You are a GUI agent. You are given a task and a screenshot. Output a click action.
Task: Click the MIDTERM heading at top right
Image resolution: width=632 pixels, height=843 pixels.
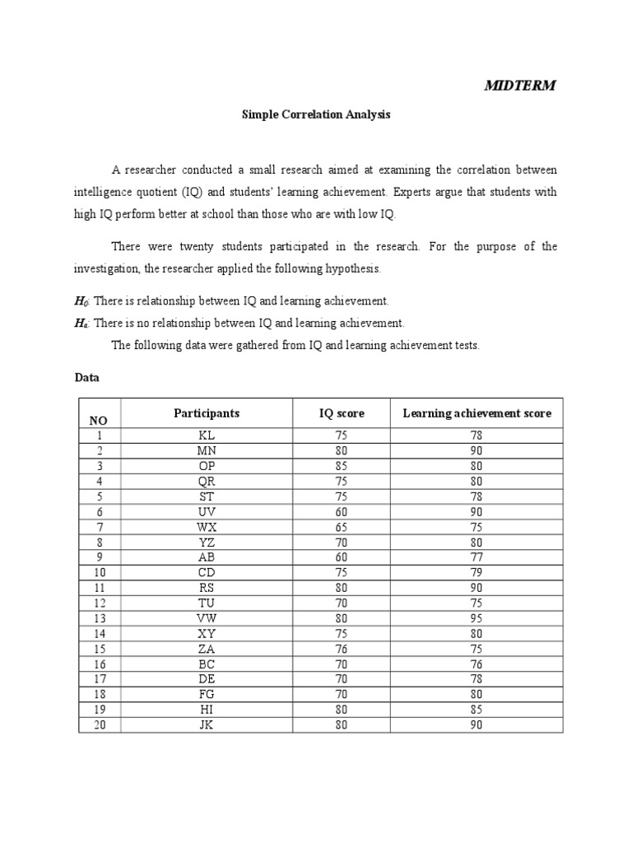point(519,85)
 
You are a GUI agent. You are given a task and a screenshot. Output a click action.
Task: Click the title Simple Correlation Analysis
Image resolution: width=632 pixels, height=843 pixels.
point(315,115)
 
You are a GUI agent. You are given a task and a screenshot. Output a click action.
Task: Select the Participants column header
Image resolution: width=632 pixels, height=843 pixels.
point(207,413)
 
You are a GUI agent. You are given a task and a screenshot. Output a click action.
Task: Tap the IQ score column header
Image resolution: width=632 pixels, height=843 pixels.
point(342,413)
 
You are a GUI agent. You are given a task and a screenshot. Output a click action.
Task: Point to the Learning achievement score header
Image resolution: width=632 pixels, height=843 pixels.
point(476,413)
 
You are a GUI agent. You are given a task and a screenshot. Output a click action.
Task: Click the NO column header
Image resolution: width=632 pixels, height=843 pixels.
point(99,420)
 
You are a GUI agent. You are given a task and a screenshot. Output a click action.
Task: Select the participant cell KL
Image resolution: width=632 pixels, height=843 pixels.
point(207,435)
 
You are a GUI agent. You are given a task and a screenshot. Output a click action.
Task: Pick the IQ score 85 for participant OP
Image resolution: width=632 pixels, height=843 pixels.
point(342,466)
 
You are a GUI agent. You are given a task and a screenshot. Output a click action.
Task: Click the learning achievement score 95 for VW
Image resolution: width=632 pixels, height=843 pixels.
point(476,618)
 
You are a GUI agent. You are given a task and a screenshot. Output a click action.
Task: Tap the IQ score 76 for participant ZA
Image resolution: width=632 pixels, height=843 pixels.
point(342,649)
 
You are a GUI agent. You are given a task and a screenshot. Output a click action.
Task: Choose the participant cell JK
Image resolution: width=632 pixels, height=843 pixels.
point(207,725)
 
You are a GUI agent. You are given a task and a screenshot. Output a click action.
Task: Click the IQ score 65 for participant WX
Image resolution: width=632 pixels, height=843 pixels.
point(342,527)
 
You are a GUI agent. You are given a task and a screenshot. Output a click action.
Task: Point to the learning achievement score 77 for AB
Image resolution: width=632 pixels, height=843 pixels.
point(476,557)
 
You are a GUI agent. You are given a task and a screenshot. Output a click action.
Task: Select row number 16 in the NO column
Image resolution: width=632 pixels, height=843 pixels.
point(99,664)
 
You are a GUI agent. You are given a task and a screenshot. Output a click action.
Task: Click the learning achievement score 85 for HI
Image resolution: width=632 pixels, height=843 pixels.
point(476,710)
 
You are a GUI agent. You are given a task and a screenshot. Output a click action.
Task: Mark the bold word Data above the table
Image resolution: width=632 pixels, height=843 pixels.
point(86,377)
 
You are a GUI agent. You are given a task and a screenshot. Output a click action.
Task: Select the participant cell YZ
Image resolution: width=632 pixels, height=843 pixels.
point(207,543)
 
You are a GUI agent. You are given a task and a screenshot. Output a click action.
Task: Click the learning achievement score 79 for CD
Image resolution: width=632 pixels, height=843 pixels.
point(476,573)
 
